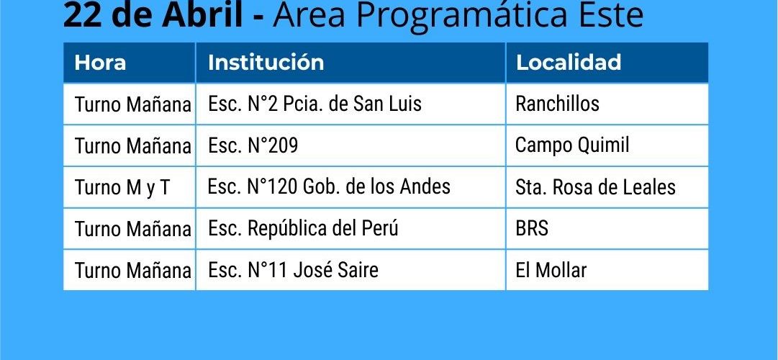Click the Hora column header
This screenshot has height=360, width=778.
(100, 63)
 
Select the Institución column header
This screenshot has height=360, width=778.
(266, 63)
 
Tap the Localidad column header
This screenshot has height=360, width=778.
(568, 63)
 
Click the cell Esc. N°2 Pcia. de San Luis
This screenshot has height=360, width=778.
(315, 104)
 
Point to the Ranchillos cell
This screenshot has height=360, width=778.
(557, 104)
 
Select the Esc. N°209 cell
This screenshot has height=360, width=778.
(253, 145)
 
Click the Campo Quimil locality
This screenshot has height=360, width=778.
(572, 145)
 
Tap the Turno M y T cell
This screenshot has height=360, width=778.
(122, 188)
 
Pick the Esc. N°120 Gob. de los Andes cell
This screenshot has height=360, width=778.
(329, 186)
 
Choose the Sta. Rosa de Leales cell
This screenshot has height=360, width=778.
(595, 187)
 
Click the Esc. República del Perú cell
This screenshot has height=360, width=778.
(303, 228)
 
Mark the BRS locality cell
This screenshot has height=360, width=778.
(532, 228)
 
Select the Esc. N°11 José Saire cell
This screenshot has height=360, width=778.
(293, 270)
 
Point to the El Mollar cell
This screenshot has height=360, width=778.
(551, 270)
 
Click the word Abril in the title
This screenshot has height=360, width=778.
(203, 15)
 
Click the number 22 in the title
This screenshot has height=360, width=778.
(81, 15)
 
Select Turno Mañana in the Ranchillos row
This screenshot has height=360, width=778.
(132, 105)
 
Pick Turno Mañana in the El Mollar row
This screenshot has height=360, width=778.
(132, 271)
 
